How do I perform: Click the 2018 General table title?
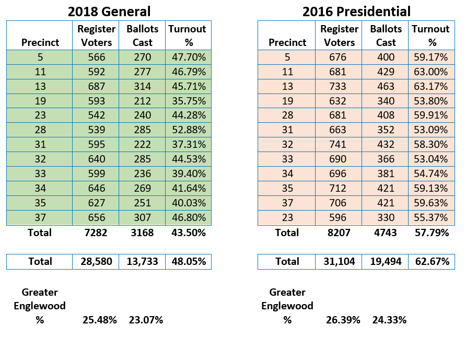coord(109,11)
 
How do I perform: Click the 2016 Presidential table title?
coord(356,11)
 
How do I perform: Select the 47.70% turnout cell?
coord(189,57)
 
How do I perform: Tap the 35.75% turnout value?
coord(189,101)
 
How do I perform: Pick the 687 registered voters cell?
coord(96,86)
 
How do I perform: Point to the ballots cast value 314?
coord(142,86)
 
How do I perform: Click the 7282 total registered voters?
coord(96,233)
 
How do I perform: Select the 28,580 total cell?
coord(96,262)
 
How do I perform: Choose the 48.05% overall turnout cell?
coord(189,262)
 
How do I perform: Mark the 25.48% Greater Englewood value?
coord(100,320)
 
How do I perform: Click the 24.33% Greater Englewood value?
coord(389,320)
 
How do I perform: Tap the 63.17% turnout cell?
coord(432,86)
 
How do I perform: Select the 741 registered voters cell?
coord(339,144)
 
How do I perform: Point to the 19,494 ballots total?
coord(386,262)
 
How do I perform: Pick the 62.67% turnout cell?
coord(432,262)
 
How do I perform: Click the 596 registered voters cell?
coord(339,218)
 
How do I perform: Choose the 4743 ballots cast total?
coord(385,233)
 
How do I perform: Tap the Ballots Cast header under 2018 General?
coord(142,36)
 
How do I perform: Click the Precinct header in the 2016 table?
coord(287,42)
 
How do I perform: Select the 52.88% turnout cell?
coord(189,130)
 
